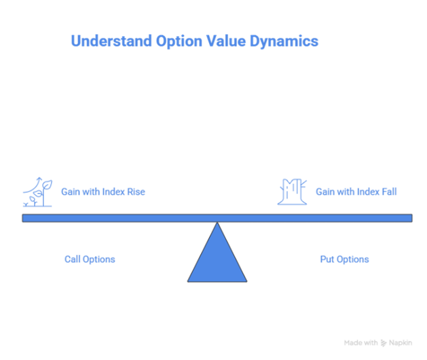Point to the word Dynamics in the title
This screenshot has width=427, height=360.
pyautogui.click(x=284, y=41)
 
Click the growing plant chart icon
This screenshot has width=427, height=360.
pyautogui.click(x=36, y=192)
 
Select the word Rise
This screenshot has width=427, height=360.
pyautogui.click(x=136, y=192)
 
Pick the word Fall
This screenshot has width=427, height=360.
pyautogui.click(x=389, y=192)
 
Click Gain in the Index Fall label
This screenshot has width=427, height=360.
pyautogui.click(x=324, y=192)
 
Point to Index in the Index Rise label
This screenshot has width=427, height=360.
pyautogui.click(x=113, y=192)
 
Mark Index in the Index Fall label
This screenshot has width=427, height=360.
pyautogui.click(x=368, y=192)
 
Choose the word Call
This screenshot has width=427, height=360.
pyautogui.click(x=73, y=259)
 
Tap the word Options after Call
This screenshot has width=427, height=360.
pyautogui.click(x=99, y=259)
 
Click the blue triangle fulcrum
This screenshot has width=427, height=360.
pyautogui.click(x=217, y=258)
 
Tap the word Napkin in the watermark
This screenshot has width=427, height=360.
pyautogui.click(x=401, y=343)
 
